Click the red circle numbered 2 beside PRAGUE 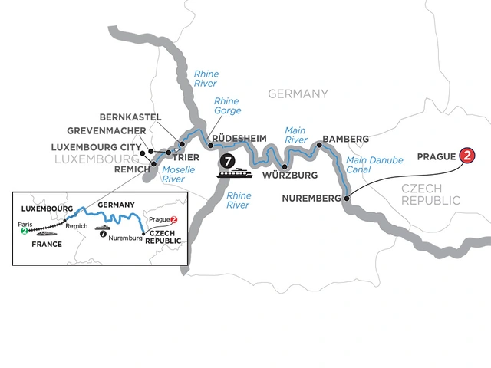466,156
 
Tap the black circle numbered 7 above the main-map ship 227,161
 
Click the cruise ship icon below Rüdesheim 233,176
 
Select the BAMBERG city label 346,139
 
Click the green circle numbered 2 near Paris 25,231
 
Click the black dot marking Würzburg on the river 284,166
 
